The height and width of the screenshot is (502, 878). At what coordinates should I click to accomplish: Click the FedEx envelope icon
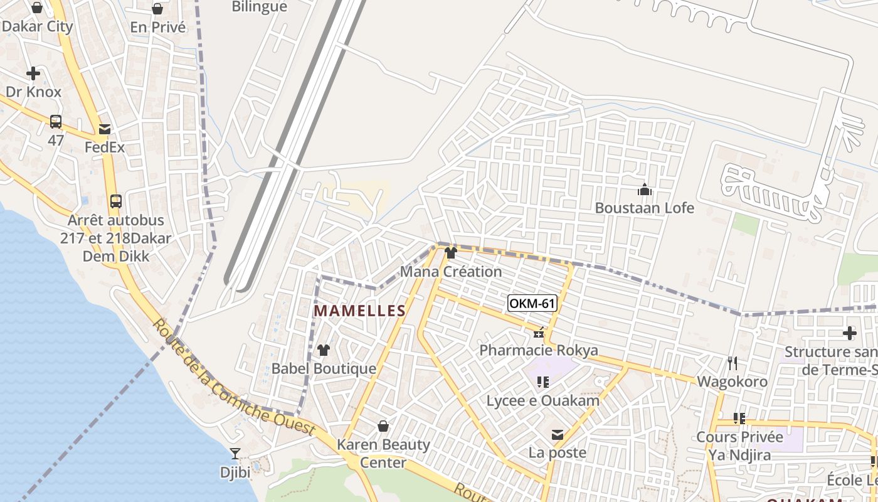point(104,129)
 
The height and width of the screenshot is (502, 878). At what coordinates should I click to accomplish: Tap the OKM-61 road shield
point(532,304)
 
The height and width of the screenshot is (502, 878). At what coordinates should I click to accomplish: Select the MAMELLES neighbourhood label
point(360,311)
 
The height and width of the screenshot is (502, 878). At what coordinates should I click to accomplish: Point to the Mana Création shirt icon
point(451,253)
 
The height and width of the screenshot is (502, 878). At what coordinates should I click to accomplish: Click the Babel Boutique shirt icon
point(324,350)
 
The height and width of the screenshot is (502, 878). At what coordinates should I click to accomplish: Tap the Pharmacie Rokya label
point(539,350)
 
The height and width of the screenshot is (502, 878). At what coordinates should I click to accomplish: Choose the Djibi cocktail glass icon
point(235,453)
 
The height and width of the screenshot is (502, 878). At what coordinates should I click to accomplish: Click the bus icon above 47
point(56,121)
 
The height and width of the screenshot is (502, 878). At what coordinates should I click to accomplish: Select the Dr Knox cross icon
point(33,73)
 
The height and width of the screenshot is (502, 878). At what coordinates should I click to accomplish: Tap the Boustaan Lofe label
point(645,208)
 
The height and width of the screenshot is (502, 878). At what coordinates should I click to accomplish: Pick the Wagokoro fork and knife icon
point(732,363)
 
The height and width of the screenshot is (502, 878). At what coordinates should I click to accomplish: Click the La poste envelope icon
point(557,434)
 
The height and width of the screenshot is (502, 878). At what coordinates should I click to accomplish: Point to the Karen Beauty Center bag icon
point(383,427)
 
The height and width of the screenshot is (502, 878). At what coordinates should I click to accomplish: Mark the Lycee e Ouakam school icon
point(543,382)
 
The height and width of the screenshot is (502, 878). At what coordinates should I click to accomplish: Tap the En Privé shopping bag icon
point(157,9)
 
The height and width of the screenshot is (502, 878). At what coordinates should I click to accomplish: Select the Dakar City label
point(37,26)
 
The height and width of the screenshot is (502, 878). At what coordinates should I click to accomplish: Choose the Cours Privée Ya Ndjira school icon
point(739,418)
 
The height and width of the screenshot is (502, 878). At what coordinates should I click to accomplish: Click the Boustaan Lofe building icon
point(644,189)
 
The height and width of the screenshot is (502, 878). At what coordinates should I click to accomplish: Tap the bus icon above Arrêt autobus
point(115,201)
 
